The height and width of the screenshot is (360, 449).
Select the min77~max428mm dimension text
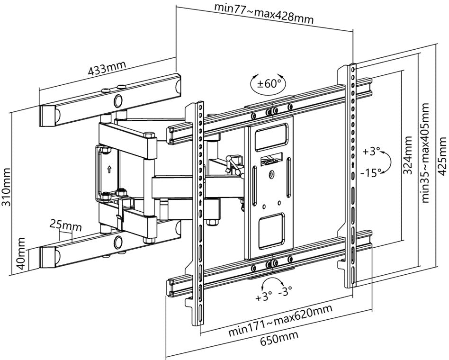click(x=264, y=14)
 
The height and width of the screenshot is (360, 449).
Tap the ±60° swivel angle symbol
click(x=268, y=84)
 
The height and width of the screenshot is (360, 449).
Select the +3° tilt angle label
click(x=372, y=152)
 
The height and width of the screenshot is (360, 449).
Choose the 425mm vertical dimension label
click(x=442, y=156)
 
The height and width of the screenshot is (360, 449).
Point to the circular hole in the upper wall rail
click(x=117, y=100)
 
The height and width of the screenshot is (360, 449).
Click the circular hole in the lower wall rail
click(x=117, y=241)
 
